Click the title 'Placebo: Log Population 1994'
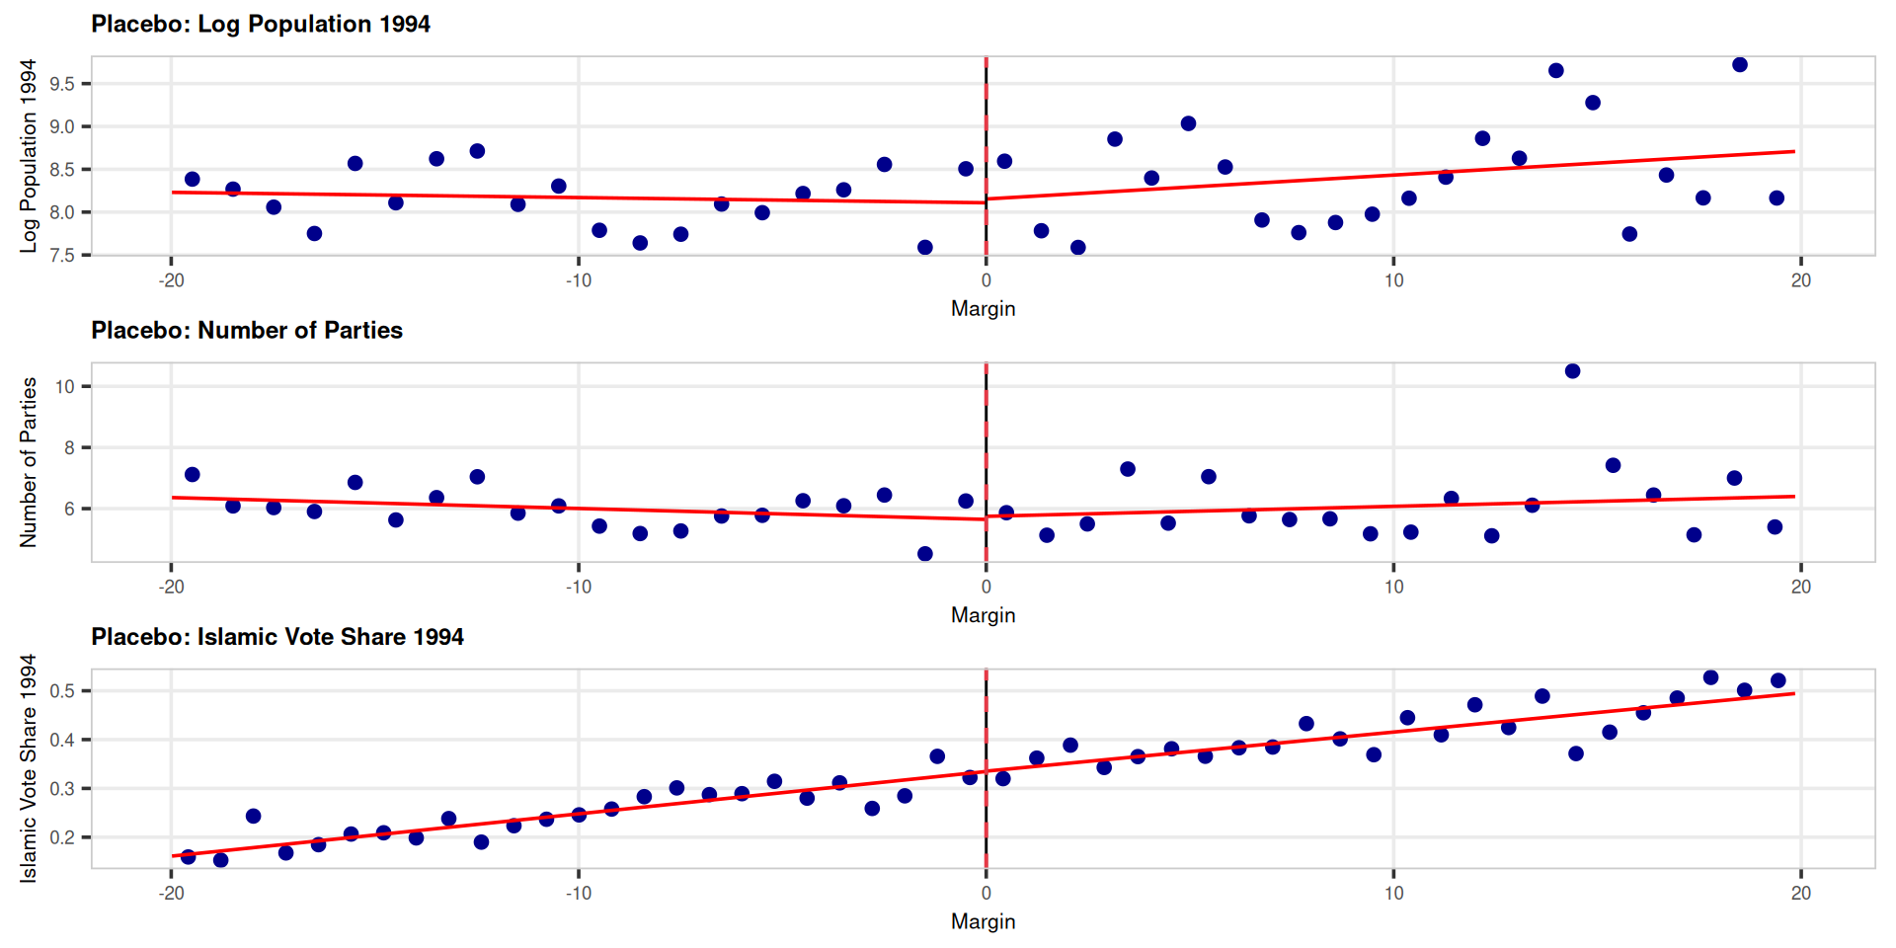tap(261, 24)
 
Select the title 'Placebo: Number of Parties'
tap(247, 330)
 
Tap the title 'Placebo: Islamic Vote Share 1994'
tap(277, 637)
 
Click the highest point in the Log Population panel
tap(1740, 65)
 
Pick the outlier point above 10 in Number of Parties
tap(1573, 371)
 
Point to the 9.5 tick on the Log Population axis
tap(62, 84)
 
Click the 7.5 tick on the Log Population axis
tap(62, 256)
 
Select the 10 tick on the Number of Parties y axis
tap(65, 386)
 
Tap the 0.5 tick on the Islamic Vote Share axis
tap(62, 691)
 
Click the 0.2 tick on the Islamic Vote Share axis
tap(62, 837)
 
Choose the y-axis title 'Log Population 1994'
tap(29, 156)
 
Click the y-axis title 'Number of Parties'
tap(29, 462)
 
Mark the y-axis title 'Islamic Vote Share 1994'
tap(29, 768)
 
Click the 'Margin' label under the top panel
tap(984, 309)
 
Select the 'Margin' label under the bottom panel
tap(984, 921)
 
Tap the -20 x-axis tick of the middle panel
tap(171, 587)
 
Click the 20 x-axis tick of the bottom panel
tap(1801, 893)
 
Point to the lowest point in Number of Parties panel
tap(925, 554)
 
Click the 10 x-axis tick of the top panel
tap(1393, 280)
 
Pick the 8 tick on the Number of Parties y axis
tap(69, 447)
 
